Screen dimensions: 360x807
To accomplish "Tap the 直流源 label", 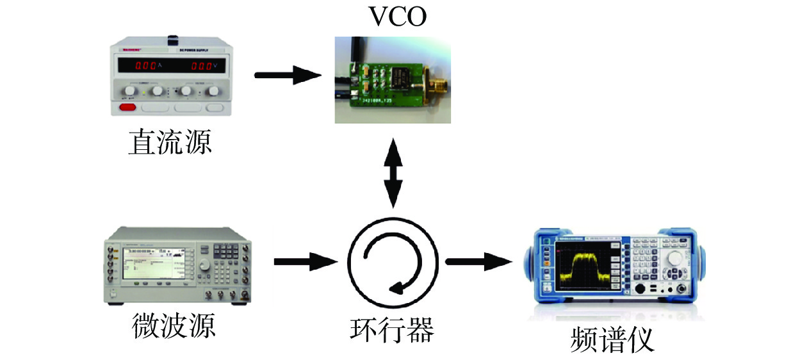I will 170,142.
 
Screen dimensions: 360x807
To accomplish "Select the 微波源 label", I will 174,326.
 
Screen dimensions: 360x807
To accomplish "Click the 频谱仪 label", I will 612,340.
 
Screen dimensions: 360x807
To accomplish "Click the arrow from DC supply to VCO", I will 288,76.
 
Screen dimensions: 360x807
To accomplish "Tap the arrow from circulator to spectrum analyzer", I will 480,261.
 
